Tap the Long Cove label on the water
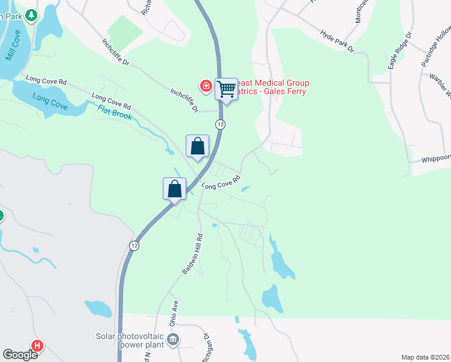point(49,101)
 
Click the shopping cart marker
point(226,90)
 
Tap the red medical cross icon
point(206,87)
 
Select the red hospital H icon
point(37,346)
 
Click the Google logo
point(20,355)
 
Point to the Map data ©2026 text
point(425,357)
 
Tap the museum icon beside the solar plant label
point(173,341)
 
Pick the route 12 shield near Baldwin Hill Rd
point(134,246)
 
